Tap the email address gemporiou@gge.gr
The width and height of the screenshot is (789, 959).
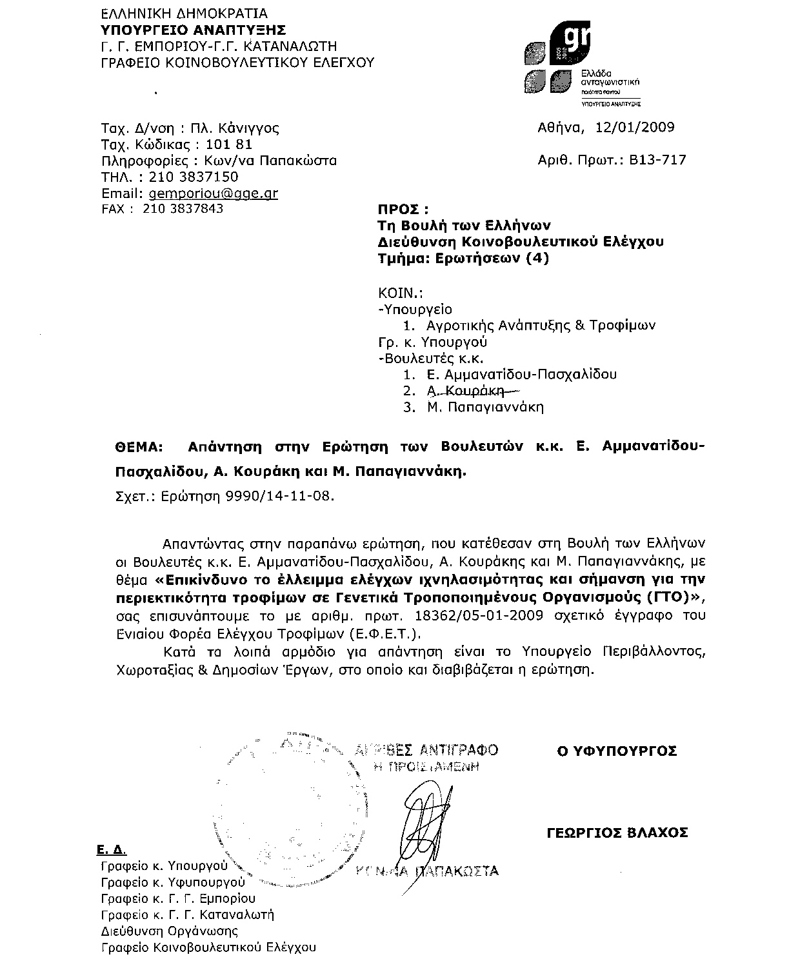[213, 193]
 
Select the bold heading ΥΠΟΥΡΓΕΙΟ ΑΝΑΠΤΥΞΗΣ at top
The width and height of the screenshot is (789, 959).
[194, 30]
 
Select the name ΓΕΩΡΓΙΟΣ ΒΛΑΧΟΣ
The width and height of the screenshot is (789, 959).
[617, 833]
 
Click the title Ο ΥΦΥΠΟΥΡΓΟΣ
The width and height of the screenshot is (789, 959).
[617, 751]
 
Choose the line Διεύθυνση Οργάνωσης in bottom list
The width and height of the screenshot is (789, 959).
[170, 931]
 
